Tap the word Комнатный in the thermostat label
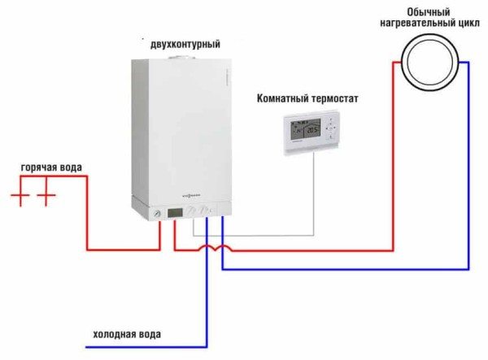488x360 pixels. click(285, 99)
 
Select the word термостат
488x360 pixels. click(333, 99)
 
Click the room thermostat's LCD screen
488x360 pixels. click(302, 130)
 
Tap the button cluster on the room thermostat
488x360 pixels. click(333, 130)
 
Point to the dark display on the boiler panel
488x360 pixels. click(174, 214)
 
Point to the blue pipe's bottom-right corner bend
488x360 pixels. click(468, 268)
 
